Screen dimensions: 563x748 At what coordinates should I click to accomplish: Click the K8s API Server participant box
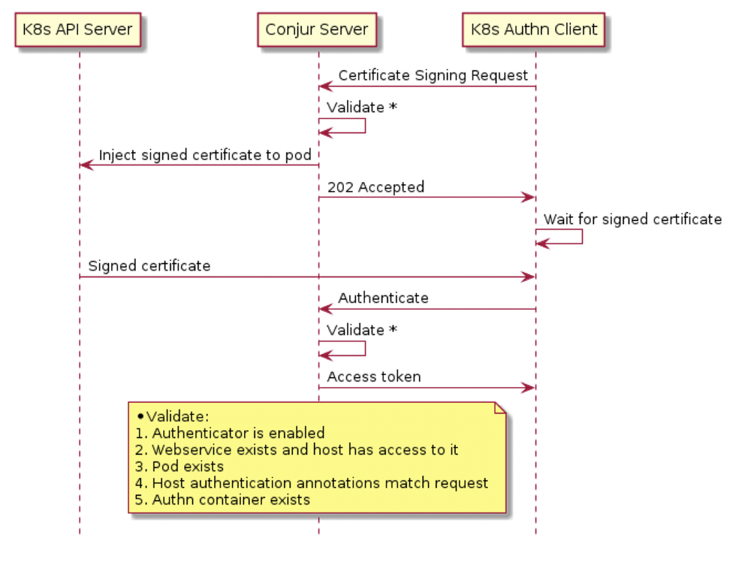coord(78,30)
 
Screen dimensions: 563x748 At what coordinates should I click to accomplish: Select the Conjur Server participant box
coord(317,30)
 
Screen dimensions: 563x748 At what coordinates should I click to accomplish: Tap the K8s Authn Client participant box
coord(534,30)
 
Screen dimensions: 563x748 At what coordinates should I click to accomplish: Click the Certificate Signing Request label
coord(432,75)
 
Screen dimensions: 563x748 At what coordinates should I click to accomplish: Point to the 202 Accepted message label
coord(375,187)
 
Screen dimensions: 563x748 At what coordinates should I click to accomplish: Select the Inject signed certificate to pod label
coord(205,155)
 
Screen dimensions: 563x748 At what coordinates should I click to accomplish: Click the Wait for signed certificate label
coord(632,219)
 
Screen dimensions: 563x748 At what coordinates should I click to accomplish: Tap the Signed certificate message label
coord(149,266)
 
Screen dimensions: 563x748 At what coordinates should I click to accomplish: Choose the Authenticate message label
coord(383,298)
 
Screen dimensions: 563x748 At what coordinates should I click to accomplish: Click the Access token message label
coord(373,377)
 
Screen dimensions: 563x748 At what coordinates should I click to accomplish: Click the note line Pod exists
coord(180,466)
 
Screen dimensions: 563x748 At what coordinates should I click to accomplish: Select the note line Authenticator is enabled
coord(230,433)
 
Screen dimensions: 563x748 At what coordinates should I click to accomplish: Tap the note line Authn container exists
coord(223,500)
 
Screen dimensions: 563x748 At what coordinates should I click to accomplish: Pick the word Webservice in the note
coord(187,450)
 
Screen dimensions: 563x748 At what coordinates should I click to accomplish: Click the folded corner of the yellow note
coord(500,408)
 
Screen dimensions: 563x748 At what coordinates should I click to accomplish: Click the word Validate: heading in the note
coord(178,416)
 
